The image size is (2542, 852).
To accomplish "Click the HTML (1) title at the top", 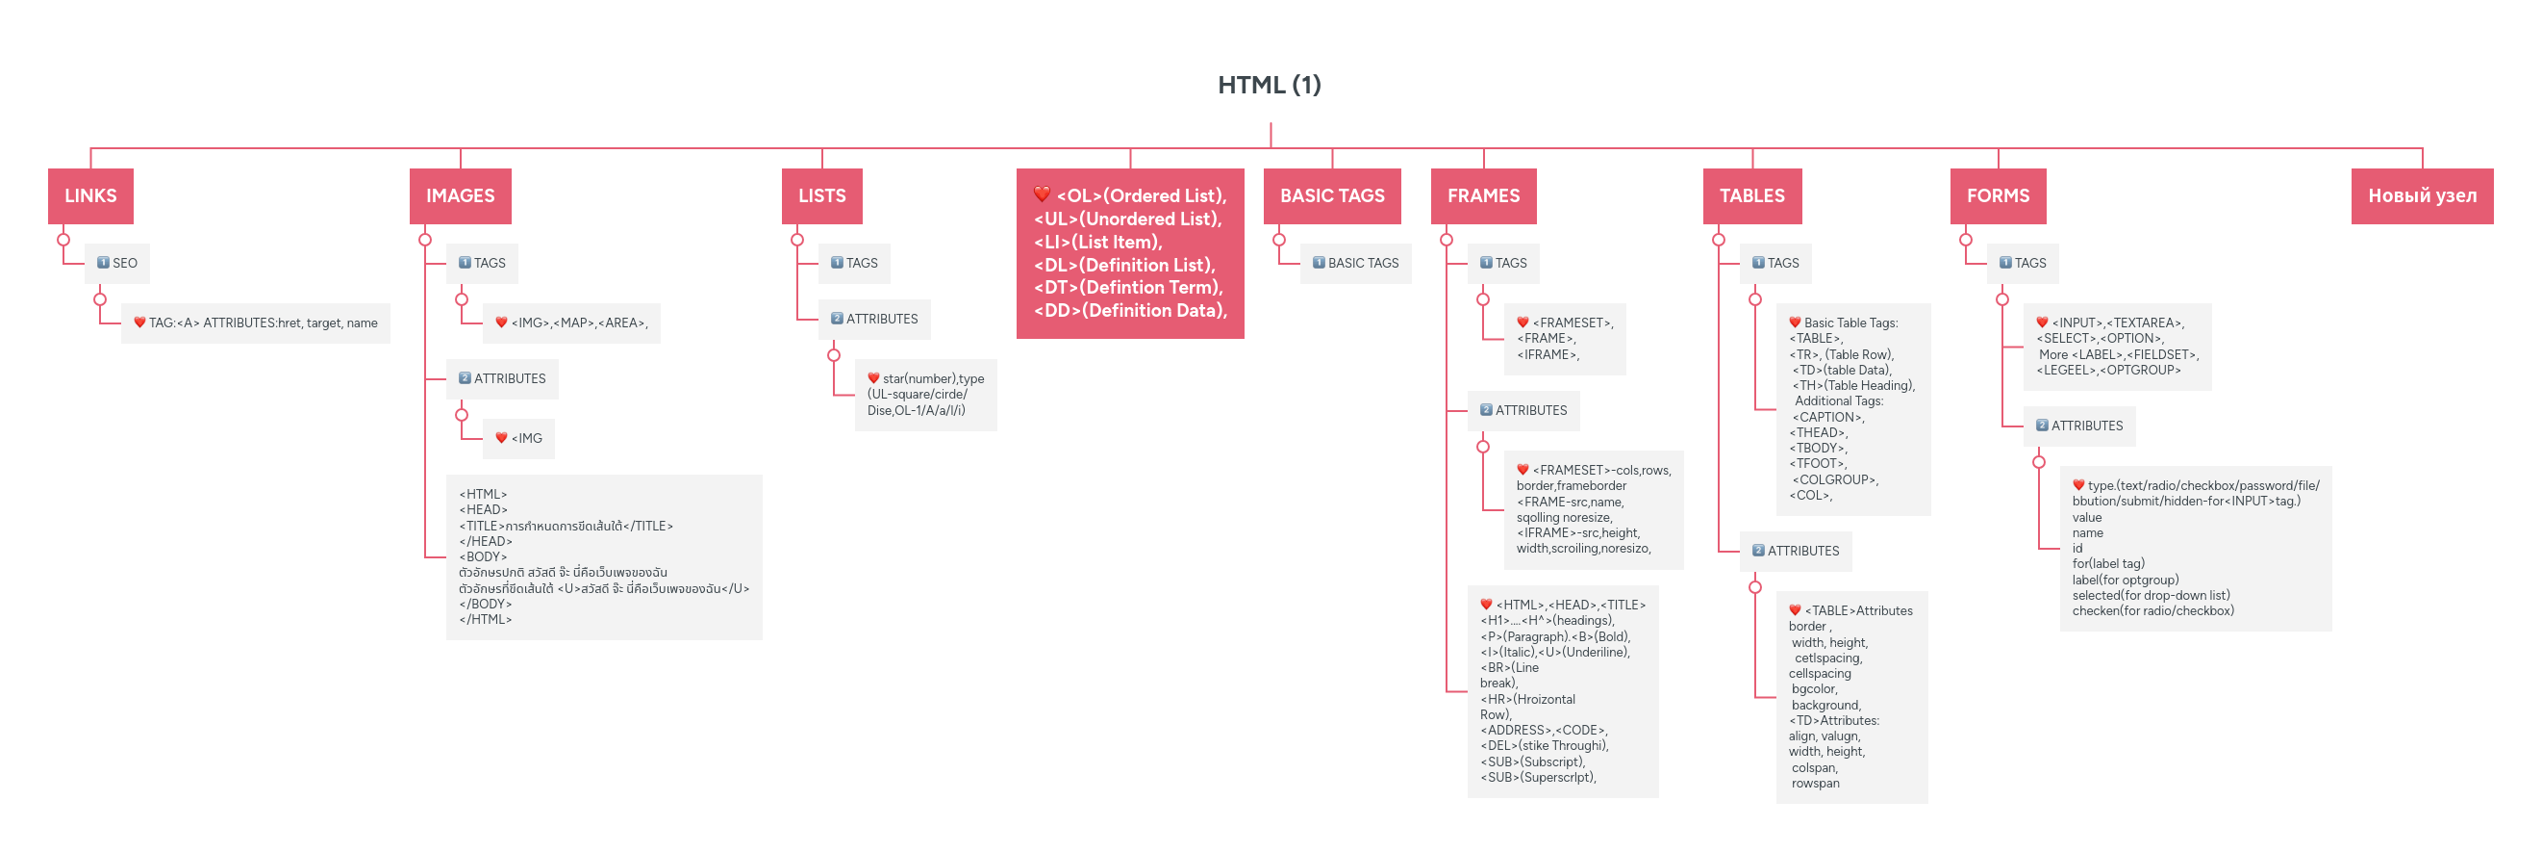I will click(x=1269, y=85).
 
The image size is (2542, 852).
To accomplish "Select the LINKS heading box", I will click(x=90, y=195).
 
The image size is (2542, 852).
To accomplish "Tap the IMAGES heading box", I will click(x=460, y=195).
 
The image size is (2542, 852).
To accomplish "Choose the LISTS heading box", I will click(x=821, y=195).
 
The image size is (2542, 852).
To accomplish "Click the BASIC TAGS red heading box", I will click(x=1331, y=195).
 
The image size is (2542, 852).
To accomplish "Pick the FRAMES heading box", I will click(x=1482, y=195).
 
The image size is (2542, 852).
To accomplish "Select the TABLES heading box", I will click(x=1751, y=195).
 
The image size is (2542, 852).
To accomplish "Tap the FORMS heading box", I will click(x=1998, y=195).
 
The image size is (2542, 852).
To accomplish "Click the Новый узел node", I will click(x=2422, y=195).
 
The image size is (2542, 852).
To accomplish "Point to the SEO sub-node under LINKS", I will click(x=117, y=263).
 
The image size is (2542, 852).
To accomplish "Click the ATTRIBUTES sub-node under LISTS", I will click(x=874, y=319).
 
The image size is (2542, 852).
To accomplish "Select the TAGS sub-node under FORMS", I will click(x=2022, y=263).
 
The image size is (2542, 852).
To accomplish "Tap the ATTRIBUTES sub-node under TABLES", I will click(x=1795, y=551).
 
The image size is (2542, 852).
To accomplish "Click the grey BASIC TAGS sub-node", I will click(x=1355, y=263).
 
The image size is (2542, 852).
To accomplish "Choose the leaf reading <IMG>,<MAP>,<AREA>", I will click(x=571, y=323).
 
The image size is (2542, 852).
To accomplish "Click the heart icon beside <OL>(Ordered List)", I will click(x=1041, y=194).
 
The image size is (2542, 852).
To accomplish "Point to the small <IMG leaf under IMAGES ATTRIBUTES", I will click(x=519, y=438).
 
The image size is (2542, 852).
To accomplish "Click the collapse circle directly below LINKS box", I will click(x=63, y=239).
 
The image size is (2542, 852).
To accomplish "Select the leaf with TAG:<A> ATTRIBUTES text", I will click(x=256, y=323).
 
